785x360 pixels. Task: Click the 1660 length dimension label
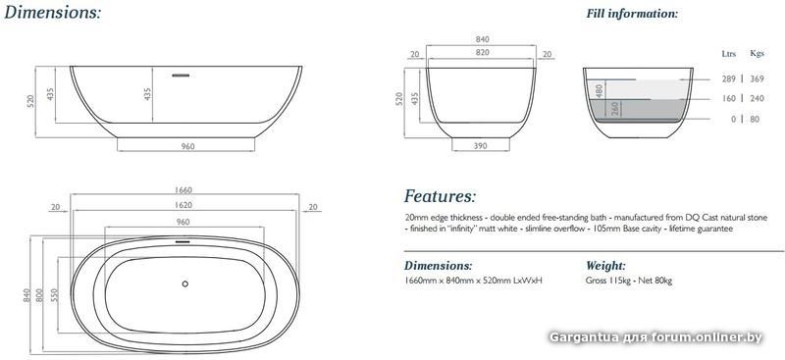click(x=184, y=190)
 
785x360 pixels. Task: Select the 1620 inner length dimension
click(x=184, y=205)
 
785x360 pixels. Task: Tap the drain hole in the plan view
click(x=185, y=283)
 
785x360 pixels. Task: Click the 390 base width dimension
click(x=480, y=146)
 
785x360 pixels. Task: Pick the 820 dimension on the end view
click(x=482, y=52)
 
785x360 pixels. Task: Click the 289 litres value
click(x=729, y=78)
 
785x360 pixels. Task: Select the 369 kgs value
click(x=757, y=78)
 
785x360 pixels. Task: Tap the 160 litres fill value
click(x=729, y=99)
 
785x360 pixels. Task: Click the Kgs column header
click(x=757, y=54)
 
